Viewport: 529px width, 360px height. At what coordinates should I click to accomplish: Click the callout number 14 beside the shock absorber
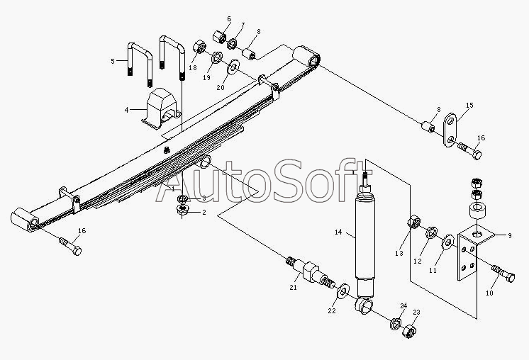pyautogui.click(x=338, y=232)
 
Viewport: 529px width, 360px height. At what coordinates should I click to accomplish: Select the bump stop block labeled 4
pyautogui.click(x=160, y=109)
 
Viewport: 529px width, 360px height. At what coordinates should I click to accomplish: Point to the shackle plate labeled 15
pyautogui.click(x=450, y=130)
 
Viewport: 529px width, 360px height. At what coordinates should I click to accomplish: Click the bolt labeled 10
pyautogui.click(x=503, y=274)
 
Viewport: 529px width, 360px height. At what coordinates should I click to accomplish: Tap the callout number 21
pyautogui.click(x=293, y=287)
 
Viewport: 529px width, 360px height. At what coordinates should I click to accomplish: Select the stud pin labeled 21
pyautogui.click(x=311, y=272)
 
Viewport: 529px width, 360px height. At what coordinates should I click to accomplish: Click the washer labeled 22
pyautogui.click(x=343, y=291)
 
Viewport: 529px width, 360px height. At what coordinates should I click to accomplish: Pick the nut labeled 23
pyautogui.click(x=408, y=331)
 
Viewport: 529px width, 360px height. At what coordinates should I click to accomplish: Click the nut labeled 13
pyautogui.click(x=414, y=223)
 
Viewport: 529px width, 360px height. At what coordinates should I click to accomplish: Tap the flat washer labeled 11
pyautogui.click(x=448, y=242)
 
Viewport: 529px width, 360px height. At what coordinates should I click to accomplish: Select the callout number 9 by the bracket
pyautogui.click(x=509, y=235)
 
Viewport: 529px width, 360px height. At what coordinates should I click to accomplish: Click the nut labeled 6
pyautogui.click(x=219, y=36)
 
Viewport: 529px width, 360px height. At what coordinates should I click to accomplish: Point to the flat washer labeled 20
pyautogui.click(x=233, y=67)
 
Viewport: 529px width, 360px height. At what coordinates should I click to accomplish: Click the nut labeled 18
pyautogui.click(x=199, y=47)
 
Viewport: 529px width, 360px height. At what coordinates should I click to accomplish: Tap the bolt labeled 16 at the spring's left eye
pyautogui.click(x=70, y=246)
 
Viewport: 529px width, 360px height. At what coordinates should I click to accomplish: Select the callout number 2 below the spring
pyautogui.click(x=204, y=213)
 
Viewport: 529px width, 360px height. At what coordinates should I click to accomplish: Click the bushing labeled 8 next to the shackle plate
pyautogui.click(x=428, y=127)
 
